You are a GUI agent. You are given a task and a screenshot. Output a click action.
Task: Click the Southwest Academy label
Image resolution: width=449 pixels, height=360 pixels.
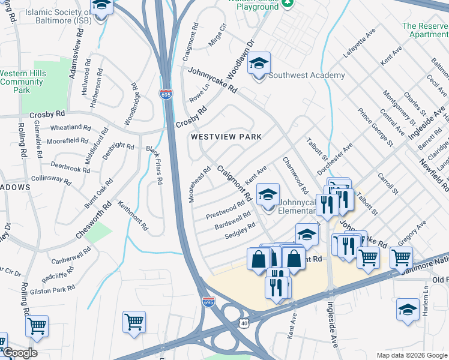point(306,75)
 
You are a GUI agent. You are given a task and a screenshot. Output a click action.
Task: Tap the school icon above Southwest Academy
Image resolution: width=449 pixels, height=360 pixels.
point(259,64)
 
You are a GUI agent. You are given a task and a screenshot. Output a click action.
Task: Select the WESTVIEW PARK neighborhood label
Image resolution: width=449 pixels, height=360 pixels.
point(226,137)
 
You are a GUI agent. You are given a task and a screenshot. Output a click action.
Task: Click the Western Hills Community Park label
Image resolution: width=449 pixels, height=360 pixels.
point(22,82)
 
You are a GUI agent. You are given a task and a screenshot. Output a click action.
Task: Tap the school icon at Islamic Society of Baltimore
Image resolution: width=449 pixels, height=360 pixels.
point(101,6)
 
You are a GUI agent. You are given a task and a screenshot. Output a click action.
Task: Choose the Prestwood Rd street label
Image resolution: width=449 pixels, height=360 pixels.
point(225,212)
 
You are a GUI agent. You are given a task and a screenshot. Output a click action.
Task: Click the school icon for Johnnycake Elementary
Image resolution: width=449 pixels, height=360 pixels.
point(268,194)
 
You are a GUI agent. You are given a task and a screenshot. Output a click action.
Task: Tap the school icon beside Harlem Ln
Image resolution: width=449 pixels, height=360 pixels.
point(408,310)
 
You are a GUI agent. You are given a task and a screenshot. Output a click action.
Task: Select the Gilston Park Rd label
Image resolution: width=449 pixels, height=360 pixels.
point(55,289)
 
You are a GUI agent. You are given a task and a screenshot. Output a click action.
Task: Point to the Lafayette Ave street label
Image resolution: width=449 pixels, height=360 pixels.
point(359,43)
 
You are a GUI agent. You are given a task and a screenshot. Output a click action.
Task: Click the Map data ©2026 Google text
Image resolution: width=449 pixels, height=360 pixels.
point(411,355)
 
